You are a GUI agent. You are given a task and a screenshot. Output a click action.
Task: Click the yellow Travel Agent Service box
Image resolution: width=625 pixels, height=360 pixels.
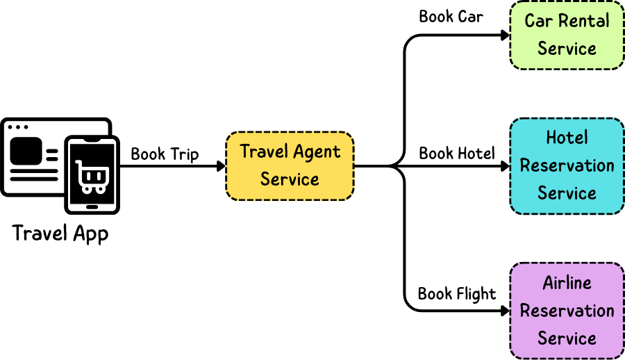[290, 166]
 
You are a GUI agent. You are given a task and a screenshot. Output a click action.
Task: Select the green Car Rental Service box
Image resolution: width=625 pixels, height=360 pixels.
[567, 35]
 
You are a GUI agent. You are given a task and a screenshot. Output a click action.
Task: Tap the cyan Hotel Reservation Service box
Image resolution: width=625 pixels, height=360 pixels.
[567, 165]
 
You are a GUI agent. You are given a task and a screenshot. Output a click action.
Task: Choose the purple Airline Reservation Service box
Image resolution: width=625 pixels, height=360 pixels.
[567, 311]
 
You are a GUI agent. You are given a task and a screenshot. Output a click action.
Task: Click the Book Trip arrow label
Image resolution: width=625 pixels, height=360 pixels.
[165, 154]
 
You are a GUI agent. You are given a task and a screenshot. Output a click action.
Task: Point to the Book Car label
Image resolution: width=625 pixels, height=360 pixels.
[451, 16]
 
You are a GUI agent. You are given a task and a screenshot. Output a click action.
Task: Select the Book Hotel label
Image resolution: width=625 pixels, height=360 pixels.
[457, 153]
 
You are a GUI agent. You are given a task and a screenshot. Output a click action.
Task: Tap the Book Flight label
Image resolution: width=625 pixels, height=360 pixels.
[457, 294]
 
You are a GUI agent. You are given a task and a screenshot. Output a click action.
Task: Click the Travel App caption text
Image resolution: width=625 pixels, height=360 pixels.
[60, 233]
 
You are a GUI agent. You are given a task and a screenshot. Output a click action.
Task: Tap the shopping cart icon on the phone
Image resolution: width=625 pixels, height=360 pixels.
[92, 177]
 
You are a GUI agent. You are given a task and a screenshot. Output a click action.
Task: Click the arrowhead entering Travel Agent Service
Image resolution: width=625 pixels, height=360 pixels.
[222, 166]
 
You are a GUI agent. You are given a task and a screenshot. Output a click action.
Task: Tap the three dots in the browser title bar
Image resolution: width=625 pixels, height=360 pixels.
[17, 127]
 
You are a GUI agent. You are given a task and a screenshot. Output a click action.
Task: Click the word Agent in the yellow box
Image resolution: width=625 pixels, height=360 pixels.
[316, 152]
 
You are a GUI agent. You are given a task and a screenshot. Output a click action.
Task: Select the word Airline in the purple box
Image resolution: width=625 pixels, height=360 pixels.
[567, 283]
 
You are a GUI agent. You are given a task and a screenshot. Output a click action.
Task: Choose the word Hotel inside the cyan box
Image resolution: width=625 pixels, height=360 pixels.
[567, 138]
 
